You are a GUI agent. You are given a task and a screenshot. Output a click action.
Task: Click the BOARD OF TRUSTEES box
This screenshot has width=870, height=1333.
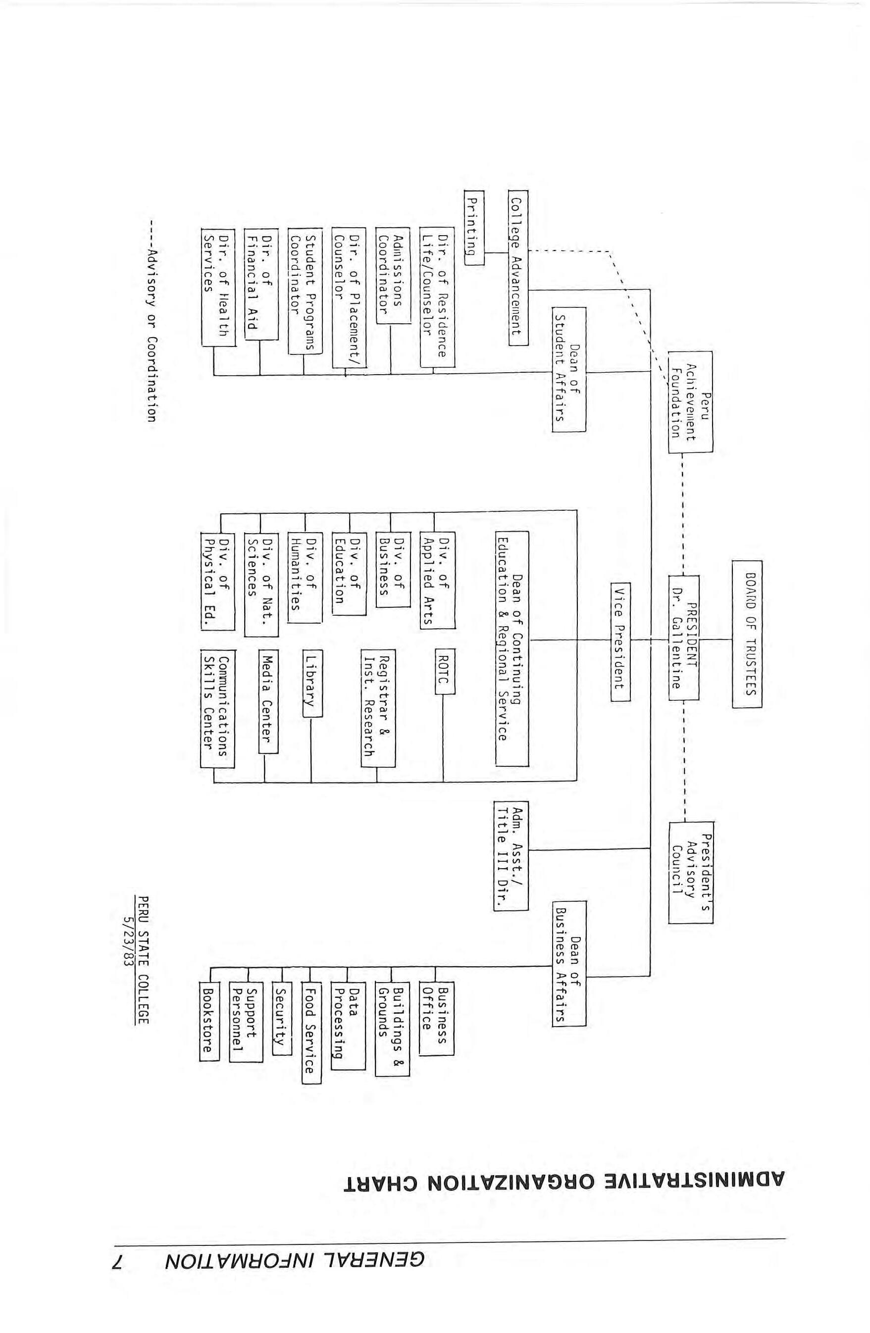(x=746, y=634)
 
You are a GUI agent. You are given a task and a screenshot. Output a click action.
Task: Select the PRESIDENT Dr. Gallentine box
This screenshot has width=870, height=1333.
(x=683, y=637)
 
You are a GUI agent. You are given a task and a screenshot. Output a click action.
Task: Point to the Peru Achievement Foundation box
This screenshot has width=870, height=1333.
(x=690, y=401)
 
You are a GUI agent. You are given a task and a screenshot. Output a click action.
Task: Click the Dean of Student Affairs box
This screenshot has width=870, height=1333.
(x=568, y=369)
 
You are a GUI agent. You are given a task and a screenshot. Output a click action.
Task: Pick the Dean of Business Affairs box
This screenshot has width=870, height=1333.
(x=568, y=963)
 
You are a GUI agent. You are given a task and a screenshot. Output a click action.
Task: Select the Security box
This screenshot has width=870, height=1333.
(x=281, y=1018)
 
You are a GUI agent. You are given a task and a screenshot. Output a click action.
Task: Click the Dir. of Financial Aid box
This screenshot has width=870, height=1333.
(x=261, y=284)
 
